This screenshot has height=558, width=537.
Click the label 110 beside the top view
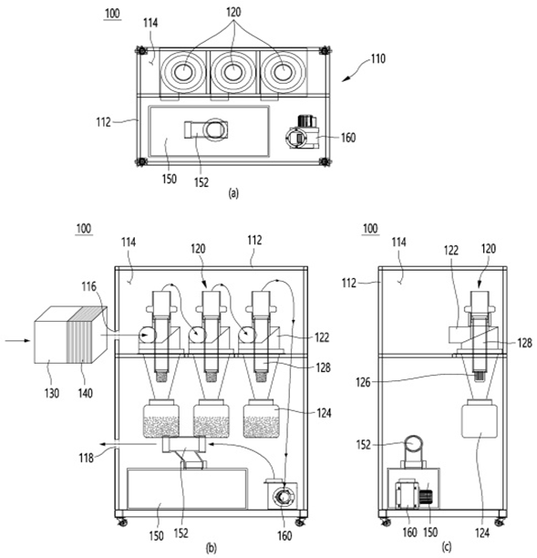(x=378, y=58)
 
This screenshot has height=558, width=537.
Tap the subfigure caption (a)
(x=233, y=193)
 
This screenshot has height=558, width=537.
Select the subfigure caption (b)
(x=211, y=548)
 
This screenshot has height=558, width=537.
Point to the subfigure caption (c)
(x=447, y=546)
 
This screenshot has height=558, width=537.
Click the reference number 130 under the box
(x=52, y=393)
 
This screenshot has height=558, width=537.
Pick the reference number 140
(x=86, y=393)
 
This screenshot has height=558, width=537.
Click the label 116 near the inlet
(x=89, y=286)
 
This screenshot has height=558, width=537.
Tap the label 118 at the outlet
(x=86, y=458)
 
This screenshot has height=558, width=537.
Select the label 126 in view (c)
(x=364, y=382)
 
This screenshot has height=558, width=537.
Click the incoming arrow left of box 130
(x=17, y=341)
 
